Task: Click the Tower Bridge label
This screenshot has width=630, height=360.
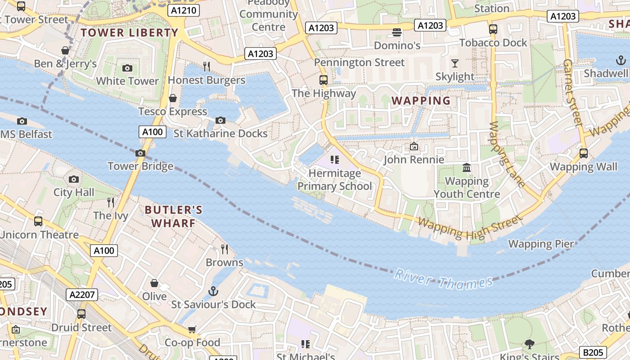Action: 140,166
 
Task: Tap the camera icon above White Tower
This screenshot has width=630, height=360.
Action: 127,68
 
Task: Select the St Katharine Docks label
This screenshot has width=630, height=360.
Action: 220,134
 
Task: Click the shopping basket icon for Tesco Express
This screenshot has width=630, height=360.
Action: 173,98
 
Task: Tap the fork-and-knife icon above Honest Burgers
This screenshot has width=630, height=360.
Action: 207,67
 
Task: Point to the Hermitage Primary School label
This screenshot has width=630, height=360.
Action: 335,180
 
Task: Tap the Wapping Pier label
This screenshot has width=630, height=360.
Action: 541,244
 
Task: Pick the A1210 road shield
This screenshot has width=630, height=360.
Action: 184,10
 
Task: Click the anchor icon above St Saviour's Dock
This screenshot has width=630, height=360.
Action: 214,291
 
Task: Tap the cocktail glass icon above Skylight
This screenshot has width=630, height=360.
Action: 455,63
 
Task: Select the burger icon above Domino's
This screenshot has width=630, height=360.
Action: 397,32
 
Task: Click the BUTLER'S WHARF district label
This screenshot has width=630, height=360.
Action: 174,216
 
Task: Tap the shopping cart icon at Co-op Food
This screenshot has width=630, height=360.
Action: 192,329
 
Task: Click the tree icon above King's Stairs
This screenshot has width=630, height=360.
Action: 529,344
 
